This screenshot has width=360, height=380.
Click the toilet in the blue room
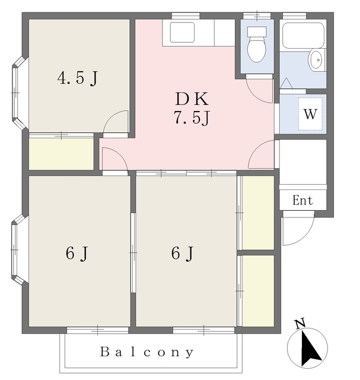point(257,45)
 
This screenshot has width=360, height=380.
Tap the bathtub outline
point(303,36)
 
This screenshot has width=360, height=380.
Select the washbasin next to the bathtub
point(316,59)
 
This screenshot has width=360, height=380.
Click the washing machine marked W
point(310,114)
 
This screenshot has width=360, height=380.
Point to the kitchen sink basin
point(182,32)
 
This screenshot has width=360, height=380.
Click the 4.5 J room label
point(78,78)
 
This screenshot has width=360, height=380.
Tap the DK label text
point(192,99)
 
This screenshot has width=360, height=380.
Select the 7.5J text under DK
point(192,118)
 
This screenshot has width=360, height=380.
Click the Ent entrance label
point(302,201)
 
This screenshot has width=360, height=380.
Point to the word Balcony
point(147,352)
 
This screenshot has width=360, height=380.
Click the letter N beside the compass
point(300,324)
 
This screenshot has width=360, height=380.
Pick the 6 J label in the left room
point(77,254)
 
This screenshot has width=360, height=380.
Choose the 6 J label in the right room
point(182,254)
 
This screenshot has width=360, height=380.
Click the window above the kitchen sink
point(186,16)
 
